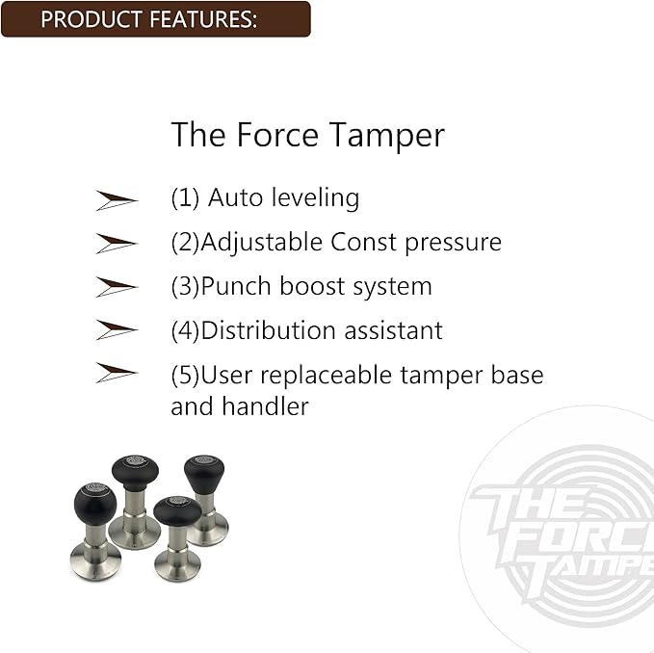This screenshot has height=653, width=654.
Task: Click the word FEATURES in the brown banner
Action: pos(201,19)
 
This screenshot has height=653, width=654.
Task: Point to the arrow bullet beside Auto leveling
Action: pos(117,199)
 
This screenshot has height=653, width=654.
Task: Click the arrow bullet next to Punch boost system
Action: pos(117,287)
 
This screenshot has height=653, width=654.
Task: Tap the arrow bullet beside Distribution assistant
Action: pos(117,330)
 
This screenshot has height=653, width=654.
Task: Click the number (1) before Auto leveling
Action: pos(185,198)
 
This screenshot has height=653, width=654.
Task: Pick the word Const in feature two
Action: pos(363,242)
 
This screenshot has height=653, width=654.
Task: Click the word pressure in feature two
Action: pos(453,243)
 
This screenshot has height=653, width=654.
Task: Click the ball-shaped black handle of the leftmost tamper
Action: pos(95,503)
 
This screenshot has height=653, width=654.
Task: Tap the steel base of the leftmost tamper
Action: pos(95,562)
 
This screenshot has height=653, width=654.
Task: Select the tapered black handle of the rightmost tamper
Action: pos(204,474)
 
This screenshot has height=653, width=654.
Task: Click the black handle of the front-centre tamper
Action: pos(177,512)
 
